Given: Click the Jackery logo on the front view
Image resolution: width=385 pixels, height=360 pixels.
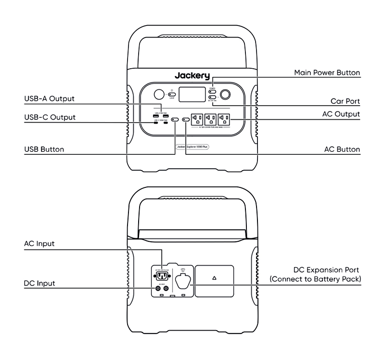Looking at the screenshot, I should point(192,76).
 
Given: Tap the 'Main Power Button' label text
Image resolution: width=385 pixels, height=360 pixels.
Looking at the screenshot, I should point(327,73).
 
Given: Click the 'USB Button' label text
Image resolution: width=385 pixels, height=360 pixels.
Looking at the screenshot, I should point(44,149).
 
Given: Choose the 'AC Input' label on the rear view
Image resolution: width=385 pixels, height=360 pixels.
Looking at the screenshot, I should point(39,244).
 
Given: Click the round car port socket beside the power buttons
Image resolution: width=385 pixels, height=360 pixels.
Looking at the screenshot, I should point(226,94).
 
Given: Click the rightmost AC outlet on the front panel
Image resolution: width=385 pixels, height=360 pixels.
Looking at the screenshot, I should point(224,119).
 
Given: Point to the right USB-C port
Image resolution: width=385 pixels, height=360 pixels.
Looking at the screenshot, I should point(166,123).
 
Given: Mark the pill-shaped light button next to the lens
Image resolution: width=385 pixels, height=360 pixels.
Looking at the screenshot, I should point(171,95).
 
